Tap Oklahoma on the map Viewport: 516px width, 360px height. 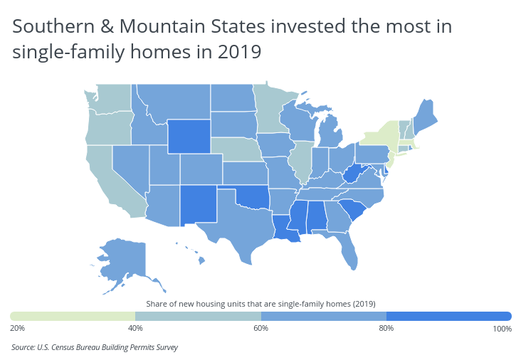point(253,196)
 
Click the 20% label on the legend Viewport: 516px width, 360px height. point(18,328)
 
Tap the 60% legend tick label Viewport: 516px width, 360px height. point(260,328)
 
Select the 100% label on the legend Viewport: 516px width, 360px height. point(501,328)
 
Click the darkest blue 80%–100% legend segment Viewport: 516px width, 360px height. point(448,316)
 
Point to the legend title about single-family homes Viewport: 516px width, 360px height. point(260,304)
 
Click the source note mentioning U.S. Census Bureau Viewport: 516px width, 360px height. point(95,348)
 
